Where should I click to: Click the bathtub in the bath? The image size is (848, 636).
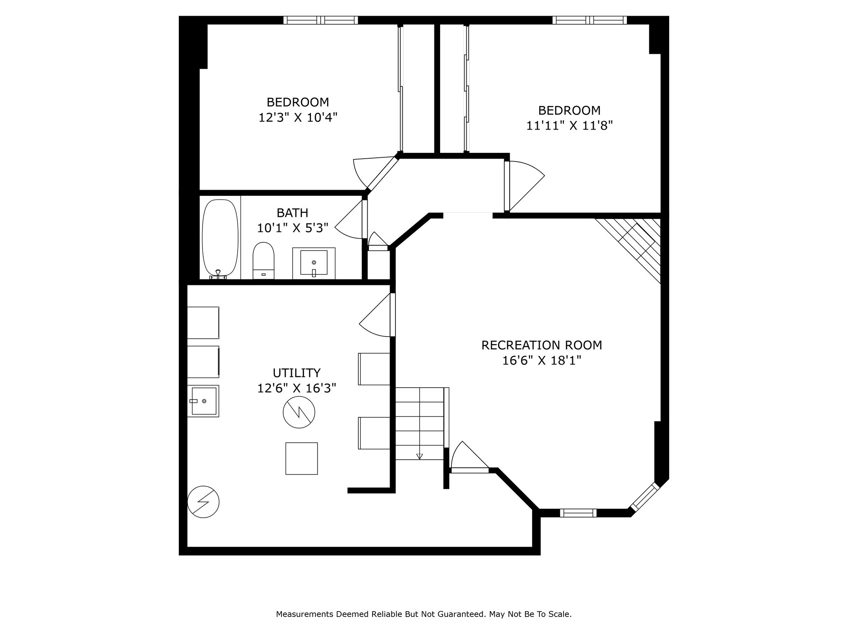coord(220,239)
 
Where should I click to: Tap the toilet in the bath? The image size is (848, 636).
coord(263,260)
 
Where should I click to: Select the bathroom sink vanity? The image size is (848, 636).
coord(314,263)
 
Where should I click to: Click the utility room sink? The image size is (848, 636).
coord(203,401)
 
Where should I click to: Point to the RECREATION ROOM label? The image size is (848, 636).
coord(542,345)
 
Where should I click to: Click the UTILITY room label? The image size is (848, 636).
coord(296,373)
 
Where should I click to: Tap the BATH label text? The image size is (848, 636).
coord(292,213)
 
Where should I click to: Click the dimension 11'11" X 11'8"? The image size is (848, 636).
coord(569,125)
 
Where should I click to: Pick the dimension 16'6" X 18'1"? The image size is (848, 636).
coord(542,361)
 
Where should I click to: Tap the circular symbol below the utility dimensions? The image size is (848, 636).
coord(299,412)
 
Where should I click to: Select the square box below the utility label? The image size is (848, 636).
coord(301,458)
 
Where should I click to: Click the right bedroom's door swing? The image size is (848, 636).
coord(525,185)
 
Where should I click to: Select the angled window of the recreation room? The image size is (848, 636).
coord(644,496)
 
